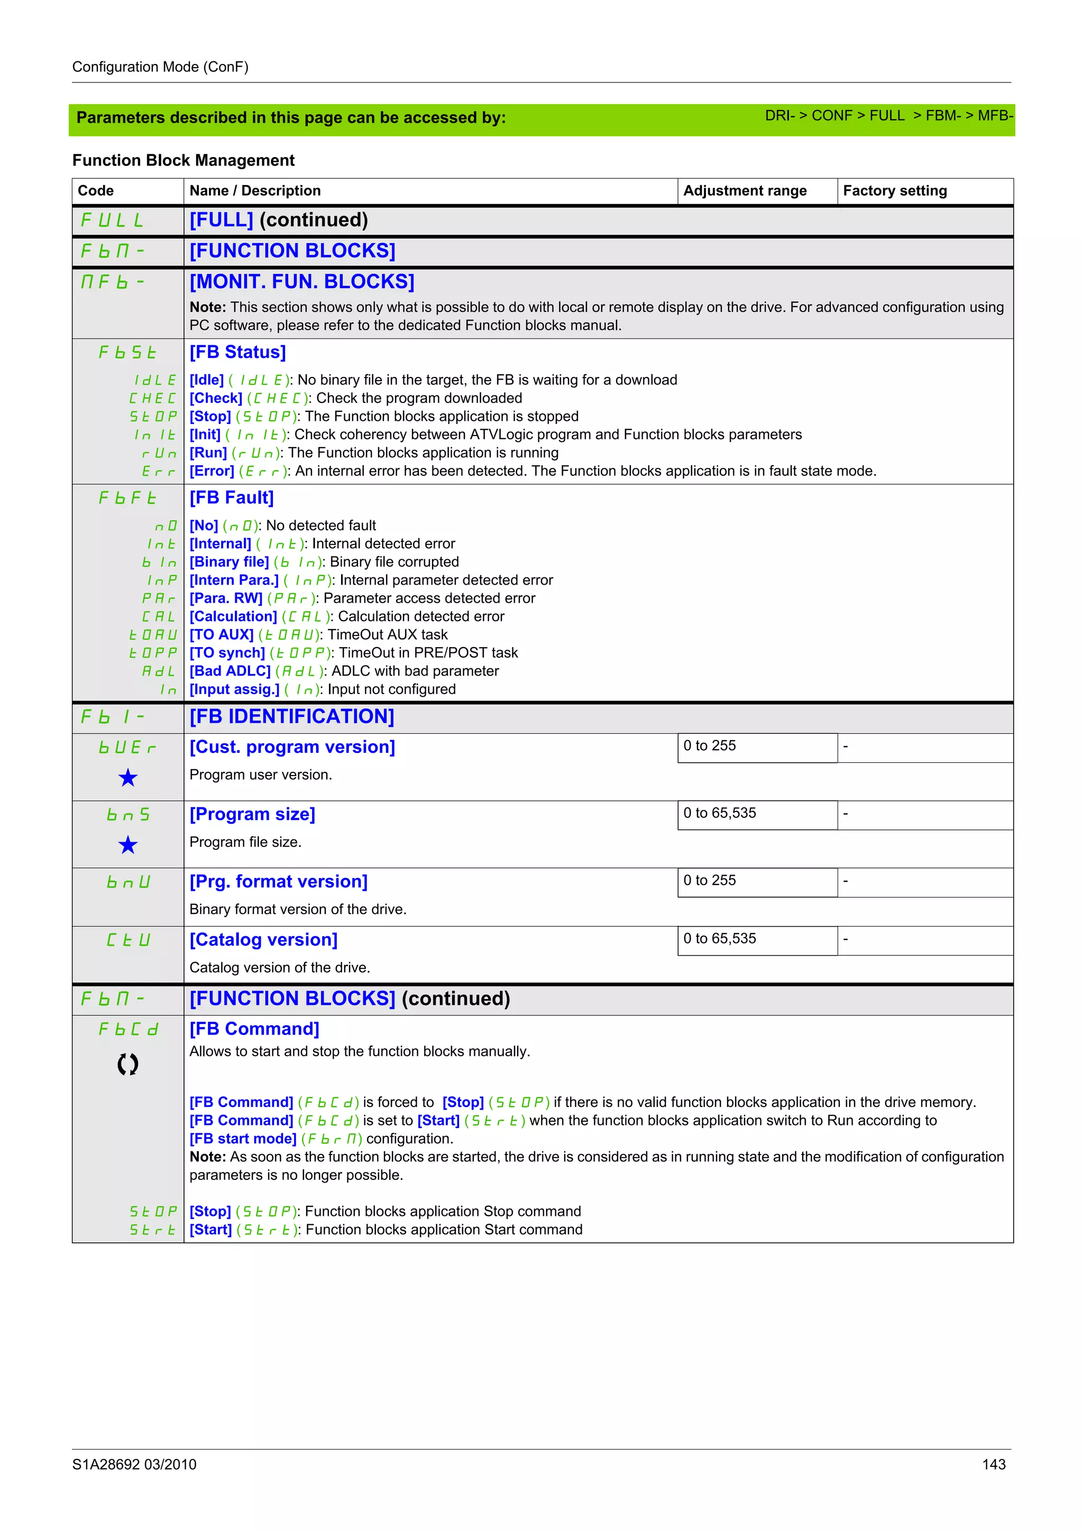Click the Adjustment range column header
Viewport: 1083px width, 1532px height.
coord(744,191)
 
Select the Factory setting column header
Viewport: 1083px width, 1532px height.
coord(894,191)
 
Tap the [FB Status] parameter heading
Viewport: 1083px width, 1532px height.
coord(237,352)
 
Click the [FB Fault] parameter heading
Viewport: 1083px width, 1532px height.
coord(232,498)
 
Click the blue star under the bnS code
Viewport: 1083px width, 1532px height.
coord(127,845)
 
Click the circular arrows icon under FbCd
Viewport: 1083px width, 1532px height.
coord(127,1064)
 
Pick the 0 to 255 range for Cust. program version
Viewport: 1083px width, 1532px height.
coord(709,746)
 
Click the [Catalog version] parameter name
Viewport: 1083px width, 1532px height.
coord(263,939)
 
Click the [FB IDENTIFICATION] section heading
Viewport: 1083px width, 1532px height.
coord(291,717)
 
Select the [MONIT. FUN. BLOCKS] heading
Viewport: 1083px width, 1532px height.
coord(301,282)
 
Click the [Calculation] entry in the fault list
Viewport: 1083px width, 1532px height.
coord(233,616)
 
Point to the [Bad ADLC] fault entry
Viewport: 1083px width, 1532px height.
coord(230,671)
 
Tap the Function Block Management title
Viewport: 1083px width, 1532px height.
coord(183,160)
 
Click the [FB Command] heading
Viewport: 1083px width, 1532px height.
coord(254,1029)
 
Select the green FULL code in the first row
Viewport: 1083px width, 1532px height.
coord(112,220)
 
